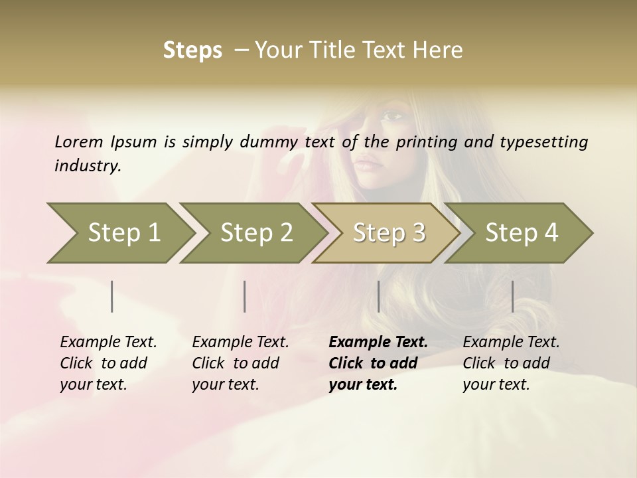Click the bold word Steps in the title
tap(192, 50)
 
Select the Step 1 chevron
tap(123, 233)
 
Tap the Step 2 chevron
tap(256, 233)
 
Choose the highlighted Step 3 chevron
tap(388, 233)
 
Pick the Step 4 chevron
tap(521, 233)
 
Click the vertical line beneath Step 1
tap(112, 296)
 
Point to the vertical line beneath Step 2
tap(245, 296)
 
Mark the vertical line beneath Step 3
tap(378, 296)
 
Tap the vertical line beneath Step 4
tap(512, 296)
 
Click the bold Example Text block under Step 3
tap(378, 363)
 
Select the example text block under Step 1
tap(108, 363)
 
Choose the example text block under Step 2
tap(240, 363)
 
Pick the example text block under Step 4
tap(511, 363)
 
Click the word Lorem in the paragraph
tap(79, 142)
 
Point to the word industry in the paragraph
tap(87, 165)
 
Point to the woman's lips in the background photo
tap(367, 161)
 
